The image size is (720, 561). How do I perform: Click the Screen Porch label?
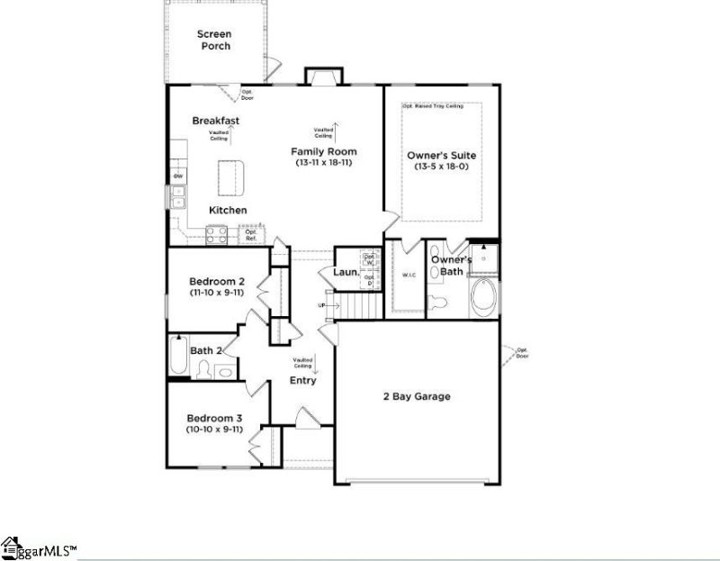[214, 41]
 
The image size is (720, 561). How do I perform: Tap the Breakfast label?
[215, 121]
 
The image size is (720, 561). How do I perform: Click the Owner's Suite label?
[441, 156]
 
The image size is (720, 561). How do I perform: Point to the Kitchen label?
[228, 210]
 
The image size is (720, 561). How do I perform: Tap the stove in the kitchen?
[217, 235]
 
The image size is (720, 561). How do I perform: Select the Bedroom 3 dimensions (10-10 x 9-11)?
[214, 430]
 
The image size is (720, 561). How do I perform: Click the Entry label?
[302, 380]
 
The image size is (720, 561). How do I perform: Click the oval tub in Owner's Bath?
[483, 299]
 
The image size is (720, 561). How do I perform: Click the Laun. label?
[346, 272]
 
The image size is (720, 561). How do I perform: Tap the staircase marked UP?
[351, 307]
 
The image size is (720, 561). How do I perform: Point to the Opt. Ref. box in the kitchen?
[251, 235]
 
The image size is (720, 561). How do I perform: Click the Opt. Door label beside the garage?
[522, 352]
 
